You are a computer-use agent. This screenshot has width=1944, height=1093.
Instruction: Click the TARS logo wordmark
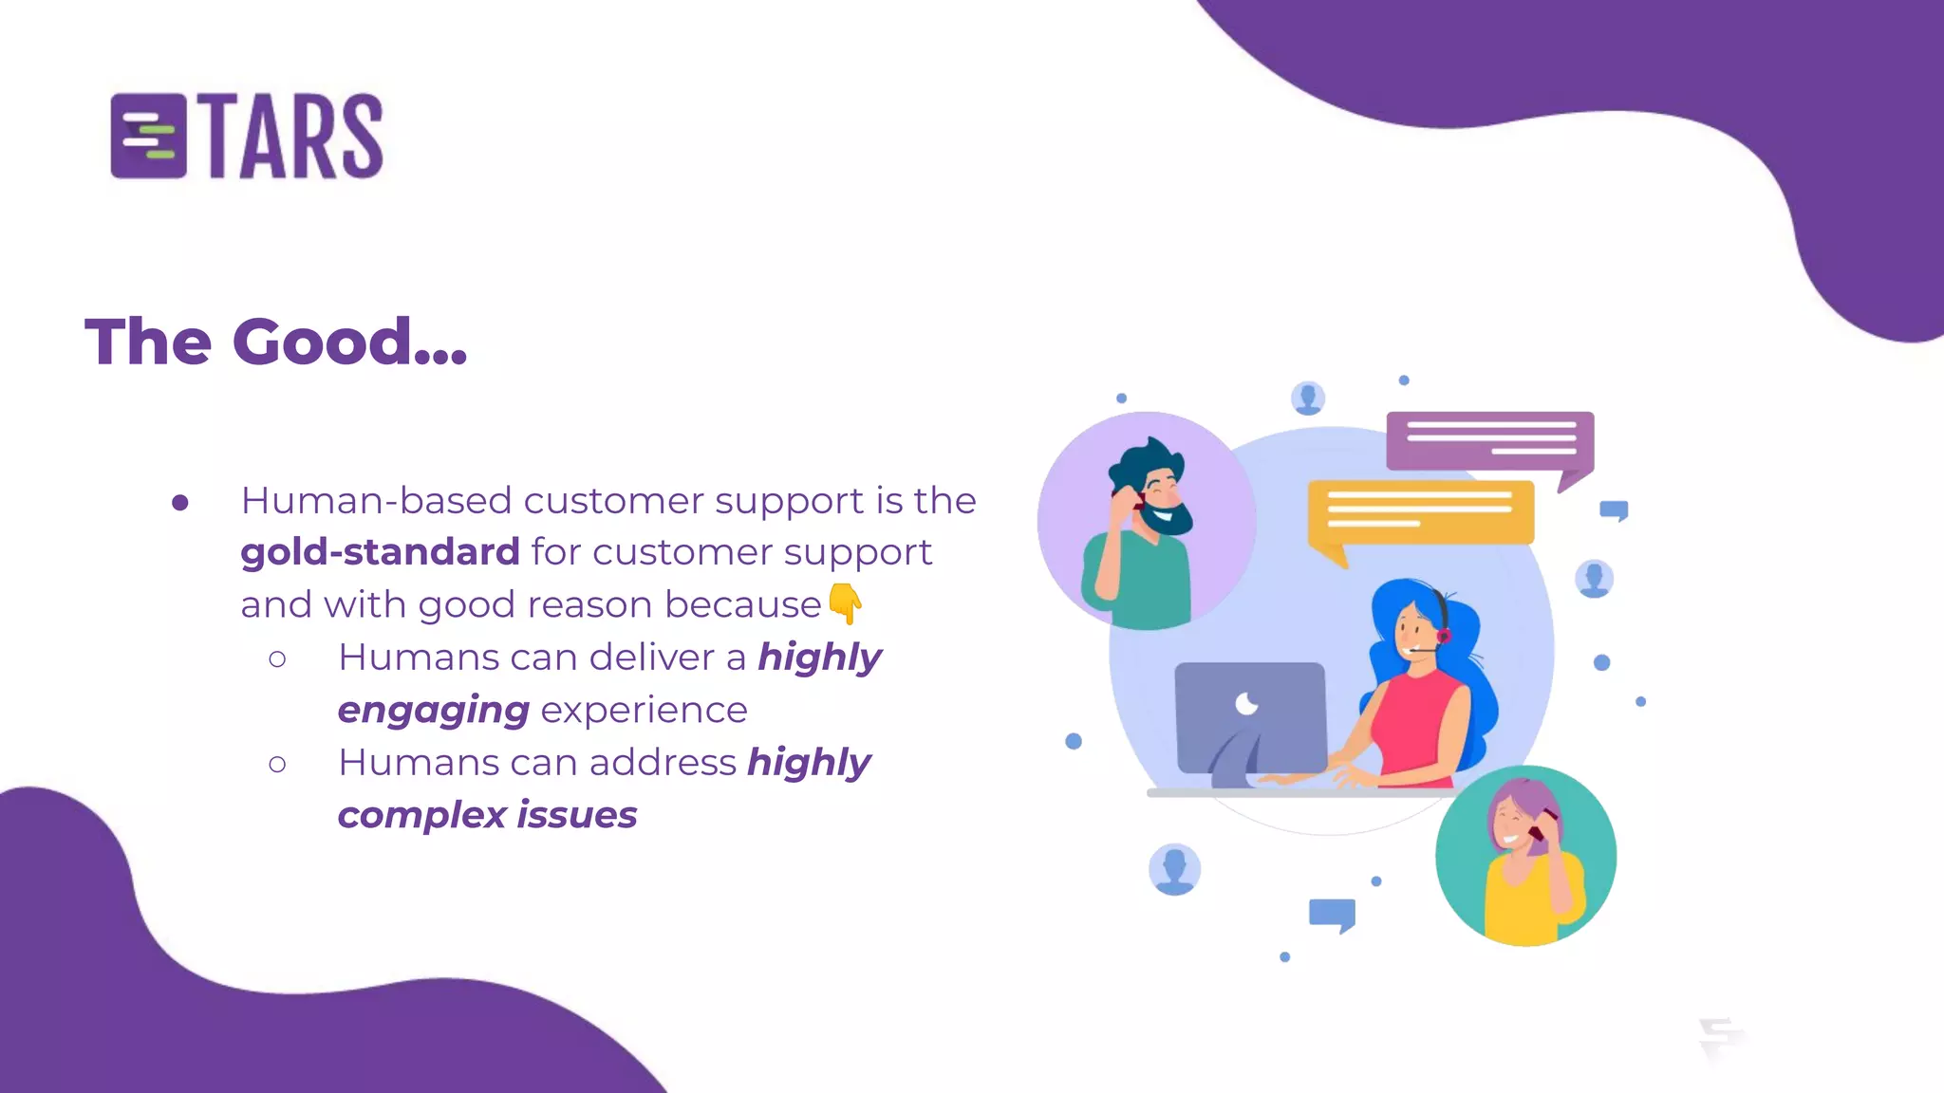coord(294,137)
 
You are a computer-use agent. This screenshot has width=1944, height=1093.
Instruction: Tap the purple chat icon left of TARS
coord(148,137)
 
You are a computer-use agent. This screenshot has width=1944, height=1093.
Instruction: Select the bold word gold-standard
coord(380,552)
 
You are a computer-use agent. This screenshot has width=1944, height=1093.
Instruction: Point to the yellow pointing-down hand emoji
coord(845,603)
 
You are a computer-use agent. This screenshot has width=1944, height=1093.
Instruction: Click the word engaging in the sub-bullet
coord(433,711)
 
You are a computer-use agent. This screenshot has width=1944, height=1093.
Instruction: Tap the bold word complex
coord(421,815)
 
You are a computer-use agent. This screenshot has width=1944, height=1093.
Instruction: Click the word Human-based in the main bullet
coord(376,501)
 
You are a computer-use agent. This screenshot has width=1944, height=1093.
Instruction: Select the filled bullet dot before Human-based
coord(180,503)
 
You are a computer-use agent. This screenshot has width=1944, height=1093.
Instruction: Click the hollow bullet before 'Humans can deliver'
coord(277,658)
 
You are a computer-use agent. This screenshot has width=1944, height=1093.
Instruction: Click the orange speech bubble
coord(1420,514)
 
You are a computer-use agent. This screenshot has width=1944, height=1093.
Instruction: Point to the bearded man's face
coord(1160,495)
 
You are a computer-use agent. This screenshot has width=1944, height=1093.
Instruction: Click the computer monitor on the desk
coord(1250,717)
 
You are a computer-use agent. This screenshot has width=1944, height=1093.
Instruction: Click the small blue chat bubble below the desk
coord(1332,915)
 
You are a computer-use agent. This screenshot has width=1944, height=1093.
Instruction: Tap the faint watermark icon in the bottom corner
coord(1719,1038)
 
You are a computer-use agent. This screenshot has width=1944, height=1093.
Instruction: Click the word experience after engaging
coord(644,711)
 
